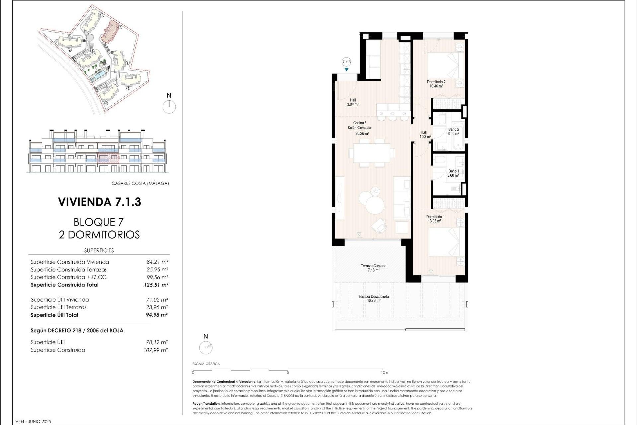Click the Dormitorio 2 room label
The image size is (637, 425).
coord(436,82)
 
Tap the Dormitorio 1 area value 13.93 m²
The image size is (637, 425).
coord(434,221)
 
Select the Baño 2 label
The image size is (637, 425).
coord(453,129)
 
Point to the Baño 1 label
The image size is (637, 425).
coord(453,171)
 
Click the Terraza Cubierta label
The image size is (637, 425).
coord(373,266)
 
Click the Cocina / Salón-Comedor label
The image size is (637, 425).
coord(359,125)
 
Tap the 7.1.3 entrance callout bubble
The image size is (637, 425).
coord(346,62)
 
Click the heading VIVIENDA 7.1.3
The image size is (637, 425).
coord(100,202)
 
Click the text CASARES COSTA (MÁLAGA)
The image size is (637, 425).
coord(140,183)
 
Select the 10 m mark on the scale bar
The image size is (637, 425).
coord(385,373)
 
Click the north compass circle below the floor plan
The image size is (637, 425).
coord(206,348)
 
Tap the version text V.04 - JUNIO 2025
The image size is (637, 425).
coord(33,422)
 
